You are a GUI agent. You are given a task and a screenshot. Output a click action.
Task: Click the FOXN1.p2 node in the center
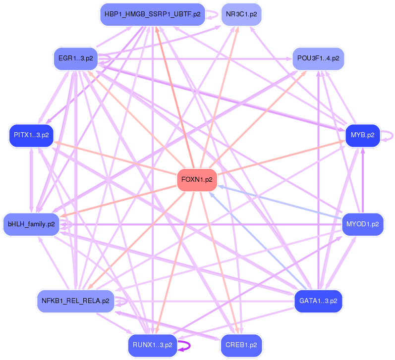coord(197,180)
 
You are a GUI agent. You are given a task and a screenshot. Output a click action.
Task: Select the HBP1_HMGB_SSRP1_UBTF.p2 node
coord(152,14)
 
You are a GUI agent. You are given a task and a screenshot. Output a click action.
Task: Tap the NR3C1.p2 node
coord(241,14)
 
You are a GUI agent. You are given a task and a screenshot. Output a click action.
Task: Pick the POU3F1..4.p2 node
coord(318,58)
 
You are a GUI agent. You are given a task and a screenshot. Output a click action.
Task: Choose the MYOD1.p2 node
coord(362,224)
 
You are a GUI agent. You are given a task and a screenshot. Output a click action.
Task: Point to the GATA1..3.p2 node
coord(318,301)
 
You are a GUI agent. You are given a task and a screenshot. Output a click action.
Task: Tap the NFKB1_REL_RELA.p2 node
coord(75,301)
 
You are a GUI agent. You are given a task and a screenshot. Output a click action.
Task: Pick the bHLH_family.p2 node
coord(31,224)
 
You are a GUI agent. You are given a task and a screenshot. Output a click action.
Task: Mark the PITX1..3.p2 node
coord(31,135)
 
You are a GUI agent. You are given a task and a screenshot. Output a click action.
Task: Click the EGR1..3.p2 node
coord(75,58)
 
